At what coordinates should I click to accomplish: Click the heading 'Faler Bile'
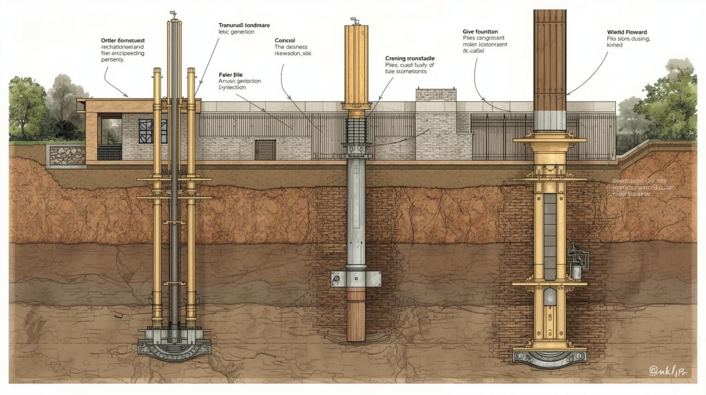[231, 74]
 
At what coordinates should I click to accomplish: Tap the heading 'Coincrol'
[285, 40]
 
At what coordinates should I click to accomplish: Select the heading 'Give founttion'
[480, 32]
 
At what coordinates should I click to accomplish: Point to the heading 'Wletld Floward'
[626, 32]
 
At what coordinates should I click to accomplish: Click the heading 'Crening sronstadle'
[410, 58]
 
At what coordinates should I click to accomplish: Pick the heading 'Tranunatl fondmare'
[244, 25]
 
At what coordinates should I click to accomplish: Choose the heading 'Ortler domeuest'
[123, 40]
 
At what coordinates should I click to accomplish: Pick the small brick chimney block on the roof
[436, 95]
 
